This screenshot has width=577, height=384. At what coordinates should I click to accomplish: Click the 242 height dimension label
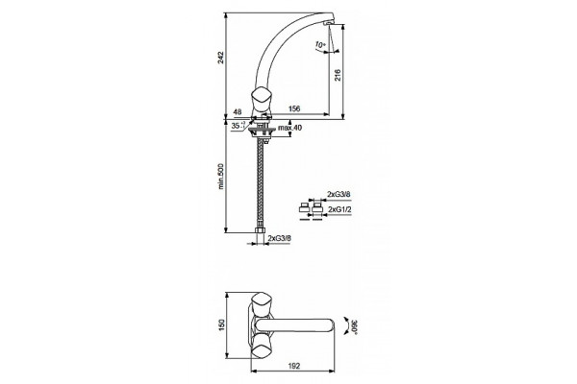click(x=220, y=58)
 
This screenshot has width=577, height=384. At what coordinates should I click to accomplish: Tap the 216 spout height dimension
click(x=339, y=75)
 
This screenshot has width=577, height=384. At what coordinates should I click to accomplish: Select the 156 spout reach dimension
click(x=294, y=108)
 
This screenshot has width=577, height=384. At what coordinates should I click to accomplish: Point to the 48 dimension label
click(x=238, y=111)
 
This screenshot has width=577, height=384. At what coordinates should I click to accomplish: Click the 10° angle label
click(x=320, y=45)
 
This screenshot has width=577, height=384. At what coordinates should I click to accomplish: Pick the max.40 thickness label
click(x=290, y=128)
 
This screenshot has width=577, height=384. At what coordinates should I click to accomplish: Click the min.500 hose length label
click(x=221, y=176)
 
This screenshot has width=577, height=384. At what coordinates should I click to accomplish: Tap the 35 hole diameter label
click(x=238, y=126)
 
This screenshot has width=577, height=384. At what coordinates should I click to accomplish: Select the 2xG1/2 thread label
click(x=339, y=209)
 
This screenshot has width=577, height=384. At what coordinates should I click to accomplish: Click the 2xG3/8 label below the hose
click(x=280, y=238)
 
